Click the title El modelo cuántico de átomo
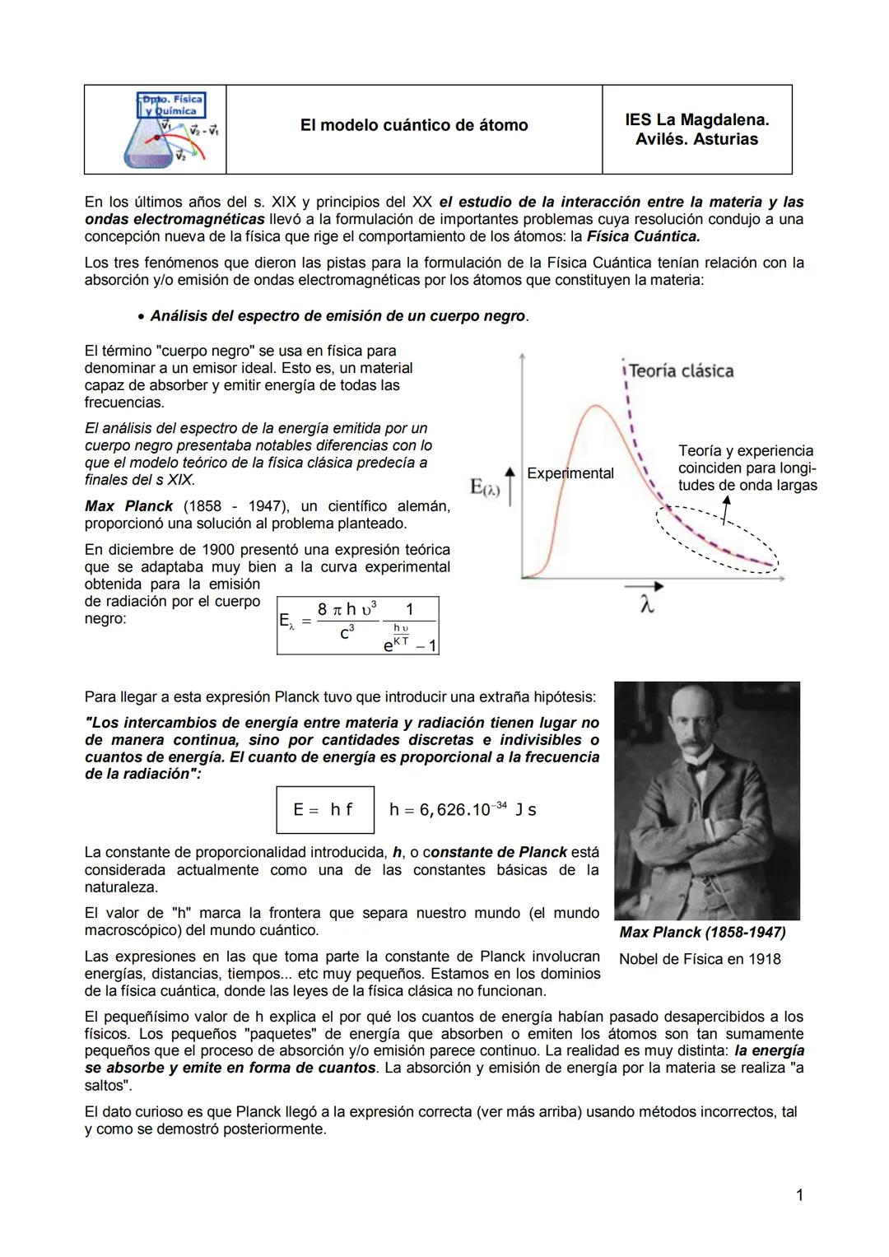pyautogui.click(x=414, y=125)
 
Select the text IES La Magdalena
pyautogui.click(x=696, y=119)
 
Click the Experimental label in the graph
pyautogui.click(x=570, y=473)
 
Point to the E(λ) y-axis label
pyautogui.click(x=485, y=487)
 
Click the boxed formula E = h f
pyautogui.click(x=324, y=810)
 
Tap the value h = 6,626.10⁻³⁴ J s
pyautogui.click(x=463, y=810)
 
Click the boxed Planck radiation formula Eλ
pyautogui.click(x=358, y=626)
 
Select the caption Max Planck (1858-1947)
pyautogui.click(x=702, y=932)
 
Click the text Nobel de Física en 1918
pyautogui.click(x=700, y=959)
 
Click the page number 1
pyautogui.click(x=798, y=1195)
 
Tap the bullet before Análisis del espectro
pyautogui.click(x=142, y=317)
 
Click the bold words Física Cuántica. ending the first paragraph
pyautogui.click(x=643, y=236)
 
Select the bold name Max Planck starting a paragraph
pyautogui.click(x=128, y=506)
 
